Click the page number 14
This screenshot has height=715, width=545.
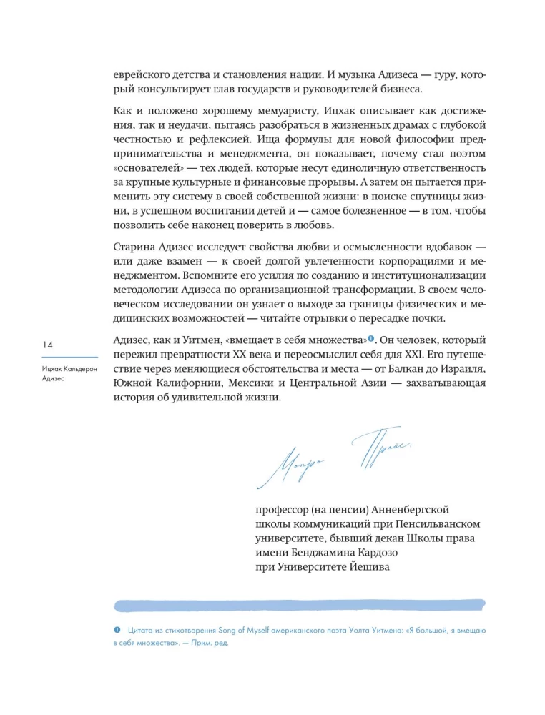click(47, 345)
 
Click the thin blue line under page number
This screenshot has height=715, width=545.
click(69, 357)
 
